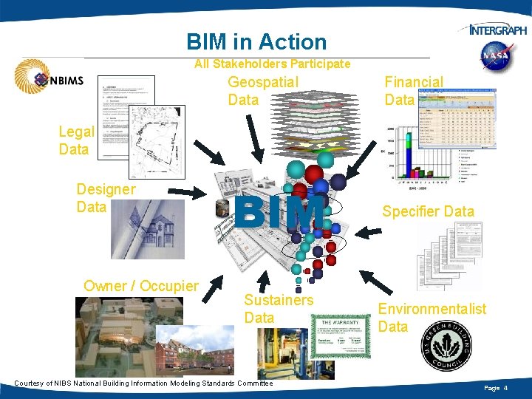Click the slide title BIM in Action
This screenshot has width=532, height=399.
tap(256, 42)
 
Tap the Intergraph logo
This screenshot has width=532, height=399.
tap(498, 30)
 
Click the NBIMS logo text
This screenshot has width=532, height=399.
tap(67, 80)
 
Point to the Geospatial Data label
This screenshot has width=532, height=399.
tap(262, 91)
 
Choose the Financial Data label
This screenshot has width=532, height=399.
tap(413, 91)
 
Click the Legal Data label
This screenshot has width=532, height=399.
tap(76, 140)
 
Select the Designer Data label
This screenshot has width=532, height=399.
tap(106, 198)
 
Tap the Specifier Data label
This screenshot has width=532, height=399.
tap(428, 211)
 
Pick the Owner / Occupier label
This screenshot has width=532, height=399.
tap(141, 286)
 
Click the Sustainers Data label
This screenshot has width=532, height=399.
tap(279, 309)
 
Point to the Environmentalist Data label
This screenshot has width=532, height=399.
tap(432, 318)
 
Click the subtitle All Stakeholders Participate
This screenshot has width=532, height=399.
tap(272, 64)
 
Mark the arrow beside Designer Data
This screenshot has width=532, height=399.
tap(193, 194)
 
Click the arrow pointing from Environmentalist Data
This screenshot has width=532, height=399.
tap(380, 284)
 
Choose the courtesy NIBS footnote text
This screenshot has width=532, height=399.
tap(143, 383)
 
